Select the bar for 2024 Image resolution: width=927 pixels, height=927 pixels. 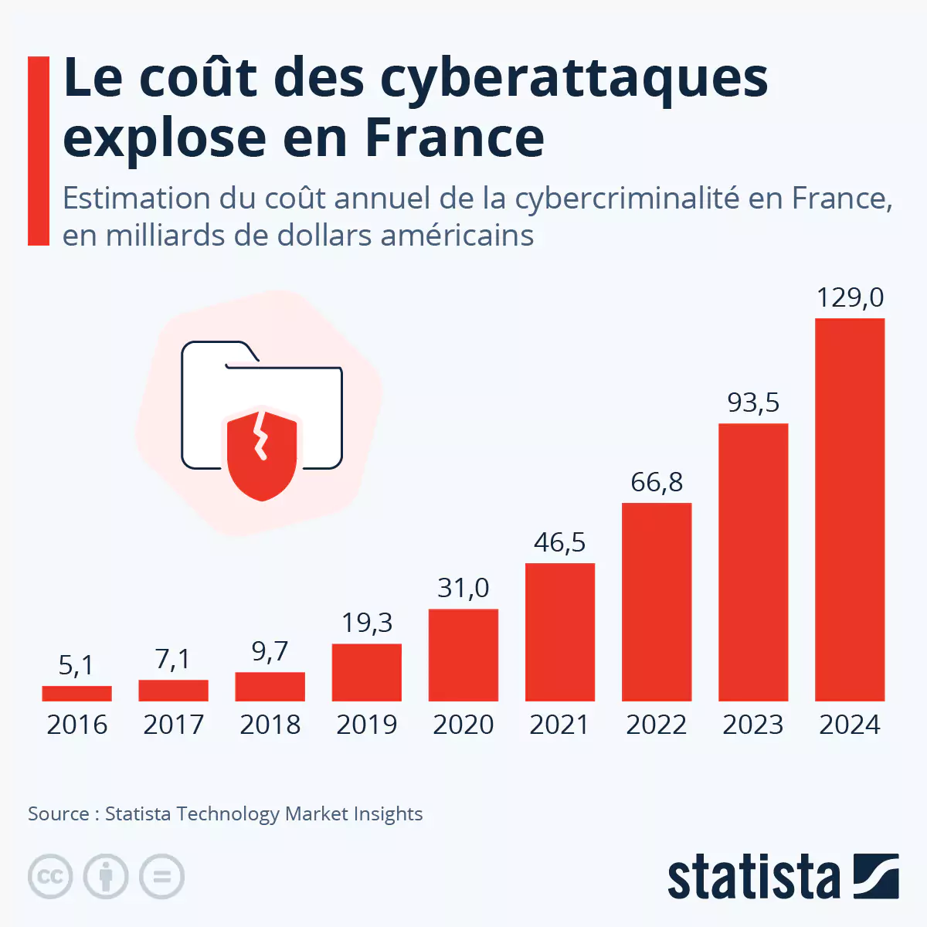(x=850, y=510)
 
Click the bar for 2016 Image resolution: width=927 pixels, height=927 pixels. (x=76, y=694)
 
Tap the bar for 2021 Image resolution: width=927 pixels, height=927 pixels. (x=560, y=632)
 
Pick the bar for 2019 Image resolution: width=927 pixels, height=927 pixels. (x=367, y=672)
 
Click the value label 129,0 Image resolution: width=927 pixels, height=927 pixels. (x=850, y=297)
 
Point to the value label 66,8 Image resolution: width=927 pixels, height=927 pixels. (x=657, y=482)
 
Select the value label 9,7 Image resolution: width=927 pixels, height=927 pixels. (x=270, y=652)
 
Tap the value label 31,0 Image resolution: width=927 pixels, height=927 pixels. (x=463, y=588)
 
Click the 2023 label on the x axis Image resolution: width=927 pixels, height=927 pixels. (x=753, y=725)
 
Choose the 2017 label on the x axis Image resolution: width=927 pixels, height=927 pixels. (x=173, y=725)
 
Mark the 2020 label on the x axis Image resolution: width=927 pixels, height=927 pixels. (x=463, y=725)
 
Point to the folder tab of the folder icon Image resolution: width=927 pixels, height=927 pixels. (x=220, y=352)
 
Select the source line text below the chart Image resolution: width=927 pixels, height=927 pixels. (x=225, y=813)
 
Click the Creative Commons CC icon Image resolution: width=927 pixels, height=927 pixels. (x=50, y=876)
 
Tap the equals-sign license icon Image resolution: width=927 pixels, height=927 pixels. (x=161, y=876)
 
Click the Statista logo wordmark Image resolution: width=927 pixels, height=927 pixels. (x=753, y=877)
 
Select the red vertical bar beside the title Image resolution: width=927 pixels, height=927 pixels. (x=39, y=151)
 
